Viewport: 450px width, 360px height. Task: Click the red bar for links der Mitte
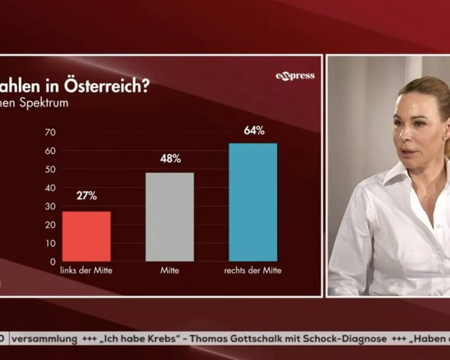tap(86, 236)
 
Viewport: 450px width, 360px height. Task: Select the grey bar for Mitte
tap(169, 217)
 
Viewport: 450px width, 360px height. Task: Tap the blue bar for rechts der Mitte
tap(253, 202)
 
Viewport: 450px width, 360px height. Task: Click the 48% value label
tap(170, 159)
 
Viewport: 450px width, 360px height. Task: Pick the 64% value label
tap(254, 130)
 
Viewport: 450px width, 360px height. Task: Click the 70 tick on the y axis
tap(50, 132)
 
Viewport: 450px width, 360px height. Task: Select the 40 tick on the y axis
tap(50, 188)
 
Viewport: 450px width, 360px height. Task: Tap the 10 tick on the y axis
tap(50, 243)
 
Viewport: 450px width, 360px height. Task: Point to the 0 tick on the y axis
tap(53, 262)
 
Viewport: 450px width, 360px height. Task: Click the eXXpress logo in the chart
tap(295, 76)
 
